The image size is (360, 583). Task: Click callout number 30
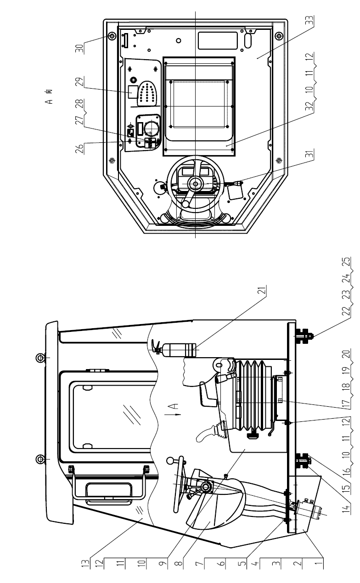pos(79,48)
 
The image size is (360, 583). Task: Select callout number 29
pos(79,83)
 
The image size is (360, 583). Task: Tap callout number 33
pos(310,21)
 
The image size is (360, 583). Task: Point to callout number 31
pos(310,154)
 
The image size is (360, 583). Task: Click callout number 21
pos(263,290)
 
